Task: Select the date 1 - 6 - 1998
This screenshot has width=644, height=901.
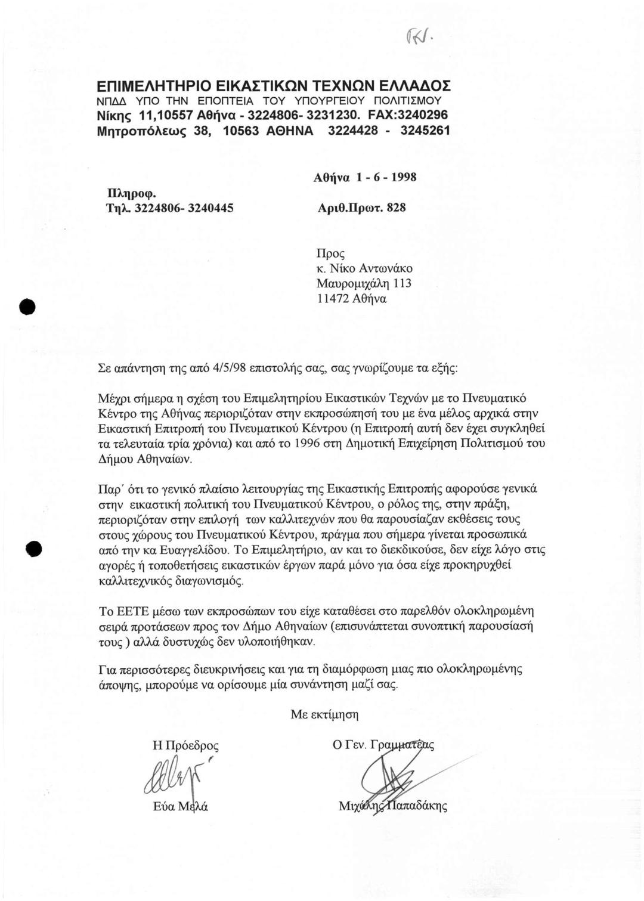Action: pos(382,177)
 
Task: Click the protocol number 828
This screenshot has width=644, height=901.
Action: pos(396,208)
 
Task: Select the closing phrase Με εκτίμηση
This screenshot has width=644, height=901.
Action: pos(324,714)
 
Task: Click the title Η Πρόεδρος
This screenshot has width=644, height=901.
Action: pos(185,745)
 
